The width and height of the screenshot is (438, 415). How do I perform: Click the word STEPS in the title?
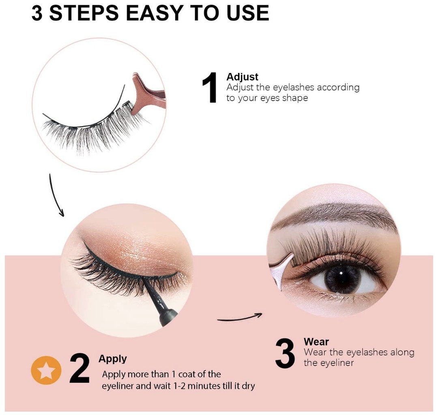(84, 13)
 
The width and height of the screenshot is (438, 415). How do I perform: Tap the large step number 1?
(210, 88)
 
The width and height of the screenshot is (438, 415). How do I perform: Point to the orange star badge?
(46, 370)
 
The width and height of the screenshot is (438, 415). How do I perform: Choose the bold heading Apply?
(113, 359)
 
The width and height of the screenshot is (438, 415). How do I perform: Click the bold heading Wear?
(316, 342)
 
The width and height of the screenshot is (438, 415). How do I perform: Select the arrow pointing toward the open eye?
(240, 318)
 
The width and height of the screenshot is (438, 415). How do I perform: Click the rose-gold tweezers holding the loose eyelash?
(147, 94)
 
